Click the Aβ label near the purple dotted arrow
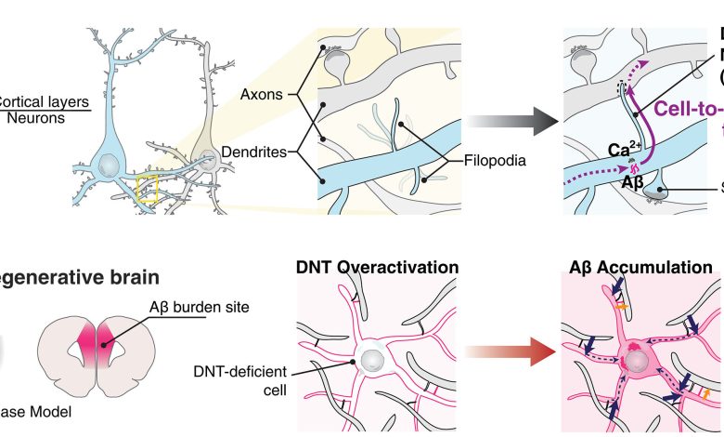607,184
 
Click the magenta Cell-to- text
672,109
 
